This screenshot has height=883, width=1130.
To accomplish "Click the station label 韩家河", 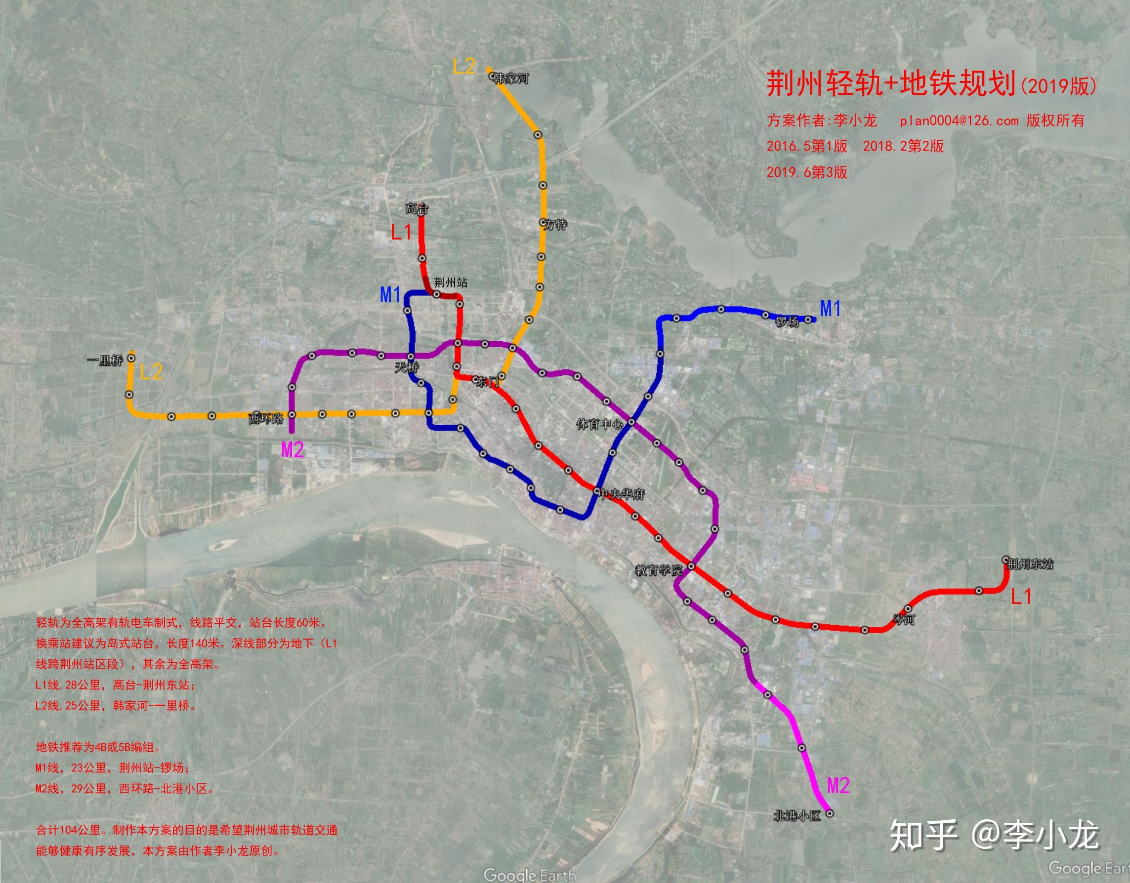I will point(511,79).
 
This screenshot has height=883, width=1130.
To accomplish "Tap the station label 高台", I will point(417,208).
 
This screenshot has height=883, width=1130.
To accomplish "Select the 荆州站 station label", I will point(451,282).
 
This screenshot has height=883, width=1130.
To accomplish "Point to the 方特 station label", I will point(556,225).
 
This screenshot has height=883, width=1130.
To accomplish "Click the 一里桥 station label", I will point(105,361).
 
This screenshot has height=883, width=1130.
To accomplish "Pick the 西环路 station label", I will point(266,418).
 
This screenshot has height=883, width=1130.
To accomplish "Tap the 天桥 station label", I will point(407,368).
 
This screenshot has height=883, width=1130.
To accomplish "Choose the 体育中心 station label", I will point(599,425).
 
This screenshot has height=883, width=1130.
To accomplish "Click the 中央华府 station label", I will point(622,494).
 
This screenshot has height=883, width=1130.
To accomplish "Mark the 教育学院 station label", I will point(659,570).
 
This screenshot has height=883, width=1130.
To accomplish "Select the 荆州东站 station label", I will point(1030,564).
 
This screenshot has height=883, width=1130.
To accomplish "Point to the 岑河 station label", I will point(904,619).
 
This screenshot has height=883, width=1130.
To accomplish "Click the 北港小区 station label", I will point(797,816).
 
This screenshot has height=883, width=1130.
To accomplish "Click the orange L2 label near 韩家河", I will point(463,66).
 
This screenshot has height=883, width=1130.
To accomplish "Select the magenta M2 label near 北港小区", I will point(838,786).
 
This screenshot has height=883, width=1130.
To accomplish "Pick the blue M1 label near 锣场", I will point(831,309).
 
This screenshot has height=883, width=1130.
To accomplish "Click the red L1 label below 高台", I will point(401,232).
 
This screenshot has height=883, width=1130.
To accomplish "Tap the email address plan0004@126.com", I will point(959,121).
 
